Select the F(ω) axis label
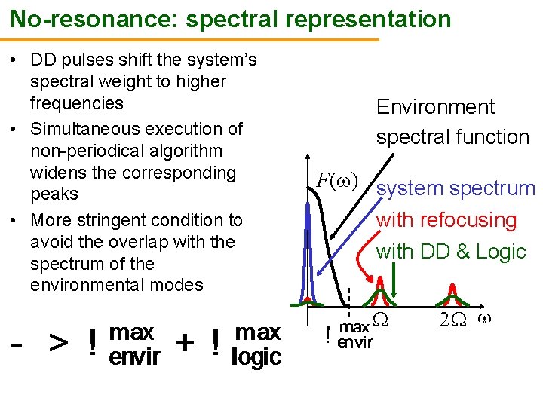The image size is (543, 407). click(337, 181)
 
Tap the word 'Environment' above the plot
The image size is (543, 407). click(436, 107)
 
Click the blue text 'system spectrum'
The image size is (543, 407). click(456, 188)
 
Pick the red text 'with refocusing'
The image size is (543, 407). click(446, 220)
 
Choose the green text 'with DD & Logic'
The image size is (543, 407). click(451, 252)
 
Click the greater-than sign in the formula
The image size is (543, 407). click(60, 344)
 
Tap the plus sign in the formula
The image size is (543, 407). click(183, 343)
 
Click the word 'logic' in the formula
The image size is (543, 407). click(256, 357)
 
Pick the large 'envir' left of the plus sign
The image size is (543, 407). click(133, 357)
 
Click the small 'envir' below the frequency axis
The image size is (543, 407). click(354, 344)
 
